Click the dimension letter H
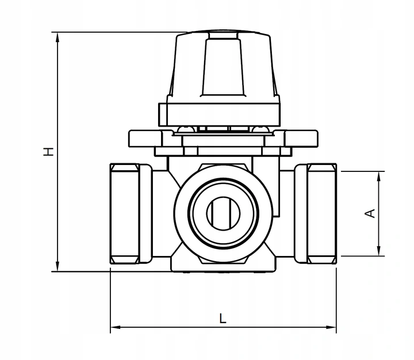coord(48,152)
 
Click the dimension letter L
coord(223,318)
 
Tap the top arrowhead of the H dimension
coord(57,37)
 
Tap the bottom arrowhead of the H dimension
coord(57,266)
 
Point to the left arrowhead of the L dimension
coord(116,327)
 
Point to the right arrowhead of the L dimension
coord(331,327)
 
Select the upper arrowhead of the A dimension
coord(379,177)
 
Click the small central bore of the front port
coord(223,213)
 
